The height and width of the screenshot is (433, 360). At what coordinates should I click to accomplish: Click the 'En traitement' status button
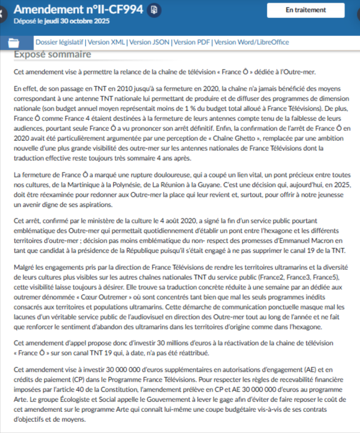pyautogui.click(x=305, y=11)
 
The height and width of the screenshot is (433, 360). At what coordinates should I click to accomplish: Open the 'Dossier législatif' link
pyautogui.click(x=59, y=42)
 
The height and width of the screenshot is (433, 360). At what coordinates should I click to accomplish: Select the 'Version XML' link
pyautogui.click(x=106, y=42)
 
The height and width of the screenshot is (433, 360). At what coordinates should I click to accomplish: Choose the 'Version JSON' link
pyautogui.click(x=150, y=42)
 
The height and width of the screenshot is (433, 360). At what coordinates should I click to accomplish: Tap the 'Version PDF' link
pyautogui.click(x=192, y=42)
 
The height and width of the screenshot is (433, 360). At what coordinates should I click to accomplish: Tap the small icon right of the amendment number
pyautogui.click(x=155, y=10)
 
